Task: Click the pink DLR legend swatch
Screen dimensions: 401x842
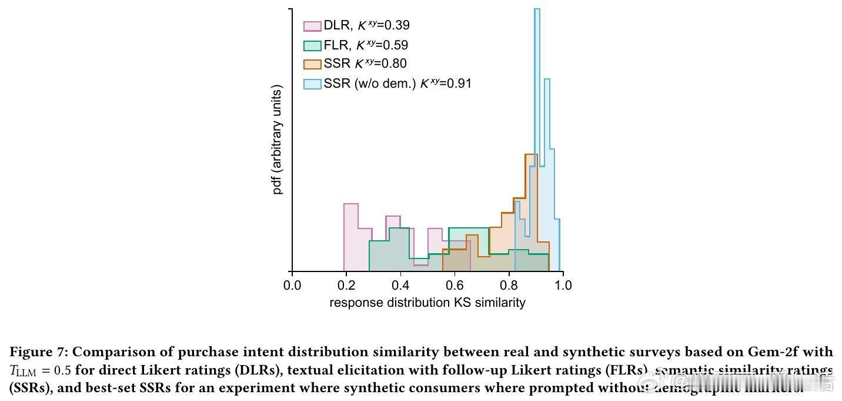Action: tap(312, 26)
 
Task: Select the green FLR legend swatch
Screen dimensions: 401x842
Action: tap(312, 45)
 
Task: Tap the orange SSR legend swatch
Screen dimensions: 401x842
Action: tap(312, 64)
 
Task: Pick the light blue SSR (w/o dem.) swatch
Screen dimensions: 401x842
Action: tap(312, 84)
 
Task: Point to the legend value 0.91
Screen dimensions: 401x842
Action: tap(459, 84)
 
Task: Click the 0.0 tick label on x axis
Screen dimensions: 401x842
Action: tap(292, 286)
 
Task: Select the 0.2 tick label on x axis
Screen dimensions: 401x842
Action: tap(346, 286)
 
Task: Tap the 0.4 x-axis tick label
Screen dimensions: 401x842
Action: tap(400, 286)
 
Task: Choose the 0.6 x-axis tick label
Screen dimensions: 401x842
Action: tap(455, 286)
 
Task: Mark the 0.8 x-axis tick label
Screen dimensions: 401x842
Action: tap(509, 286)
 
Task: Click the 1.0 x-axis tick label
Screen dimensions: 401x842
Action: tap(563, 286)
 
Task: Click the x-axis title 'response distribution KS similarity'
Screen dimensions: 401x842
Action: tap(427, 303)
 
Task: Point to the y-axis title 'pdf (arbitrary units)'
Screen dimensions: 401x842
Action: tap(278, 140)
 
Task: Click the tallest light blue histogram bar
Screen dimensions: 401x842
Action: tap(537, 118)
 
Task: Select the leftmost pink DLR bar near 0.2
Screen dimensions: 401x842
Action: tap(351, 236)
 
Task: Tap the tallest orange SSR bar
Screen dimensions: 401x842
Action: tap(530, 200)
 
